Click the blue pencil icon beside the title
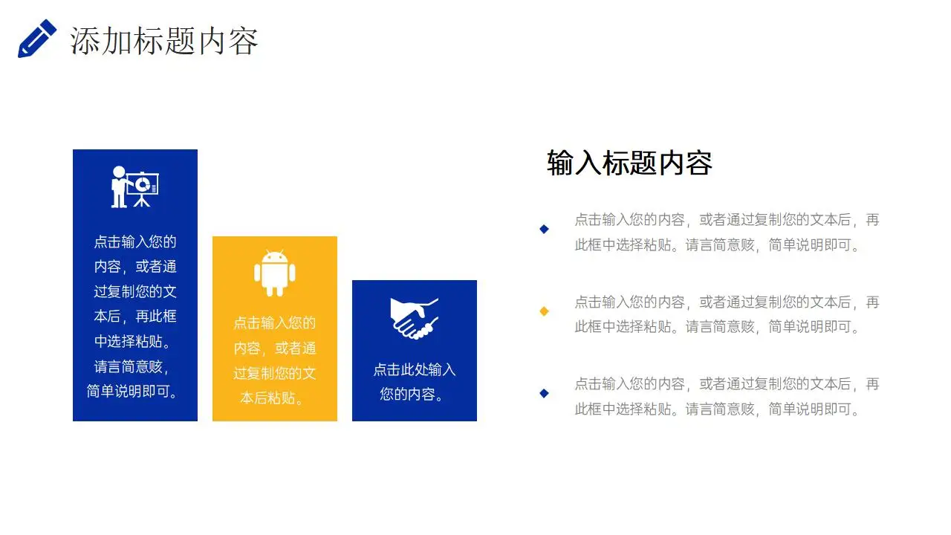pyautogui.click(x=36, y=39)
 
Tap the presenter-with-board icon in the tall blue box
pyautogui.click(x=134, y=187)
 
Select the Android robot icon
pyautogui.click(x=274, y=273)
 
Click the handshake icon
pyautogui.click(x=414, y=318)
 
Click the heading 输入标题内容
pyautogui.click(x=629, y=163)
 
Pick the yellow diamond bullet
pyautogui.click(x=544, y=311)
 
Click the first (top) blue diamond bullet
pyautogui.click(x=544, y=229)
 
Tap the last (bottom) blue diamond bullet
pyautogui.click(x=544, y=393)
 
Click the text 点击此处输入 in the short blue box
pyautogui.click(x=414, y=369)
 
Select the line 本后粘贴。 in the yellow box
pyautogui.click(x=274, y=398)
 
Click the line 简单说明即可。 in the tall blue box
pyautogui.click(x=134, y=391)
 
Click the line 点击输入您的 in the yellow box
pyautogui.click(x=274, y=322)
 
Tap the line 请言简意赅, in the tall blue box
pyautogui.click(x=134, y=366)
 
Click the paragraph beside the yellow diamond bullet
pyautogui.click(x=726, y=314)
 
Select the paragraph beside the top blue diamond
pyautogui.click(x=726, y=232)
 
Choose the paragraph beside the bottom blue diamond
pyautogui.click(x=726, y=396)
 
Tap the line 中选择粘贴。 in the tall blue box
pyautogui.click(x=134, y=341)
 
